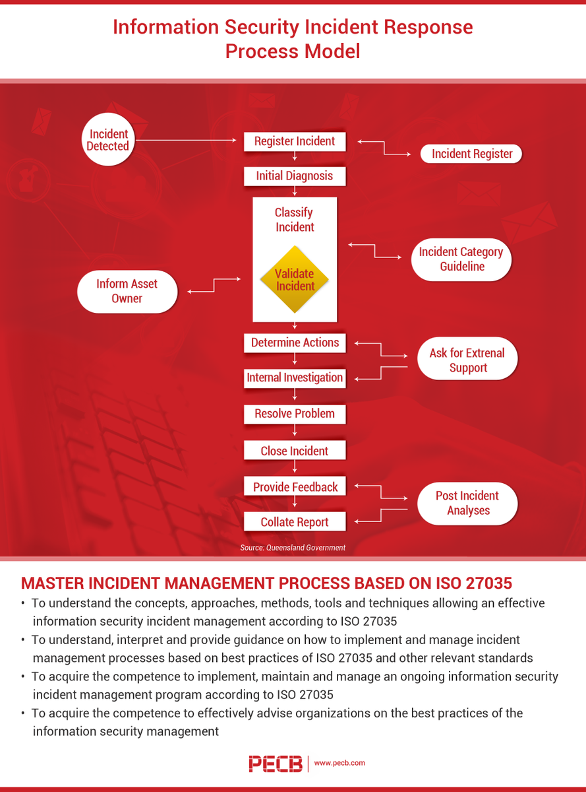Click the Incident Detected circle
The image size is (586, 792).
(x=107, y=140)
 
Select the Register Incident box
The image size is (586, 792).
(x=295, y=141)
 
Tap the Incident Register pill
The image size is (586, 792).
(x=471, y=154)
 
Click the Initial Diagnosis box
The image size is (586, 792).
(x=295, y=176)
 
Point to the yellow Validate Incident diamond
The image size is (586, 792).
(x=295, y=280)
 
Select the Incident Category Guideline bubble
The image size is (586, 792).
(x=461, y=259)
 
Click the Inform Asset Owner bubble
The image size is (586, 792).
(x=127, y=291)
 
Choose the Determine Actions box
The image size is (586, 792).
(x=295, y=343)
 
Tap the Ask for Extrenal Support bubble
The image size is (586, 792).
(x=467, y=360)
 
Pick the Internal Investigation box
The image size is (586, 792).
(x=295, y=378)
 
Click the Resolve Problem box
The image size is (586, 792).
(x=295, y=414)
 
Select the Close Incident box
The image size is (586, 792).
(x=295, y=451)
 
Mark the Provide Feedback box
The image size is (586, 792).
(x=295, y=487)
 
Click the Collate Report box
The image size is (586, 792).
(x=295, y=522)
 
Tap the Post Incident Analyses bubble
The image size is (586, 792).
(x=467, y=503)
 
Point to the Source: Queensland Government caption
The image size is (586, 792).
(x=293, y=548)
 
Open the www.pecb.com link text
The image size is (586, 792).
(x=339, y=763)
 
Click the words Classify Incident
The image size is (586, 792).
(x=295, y=220)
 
